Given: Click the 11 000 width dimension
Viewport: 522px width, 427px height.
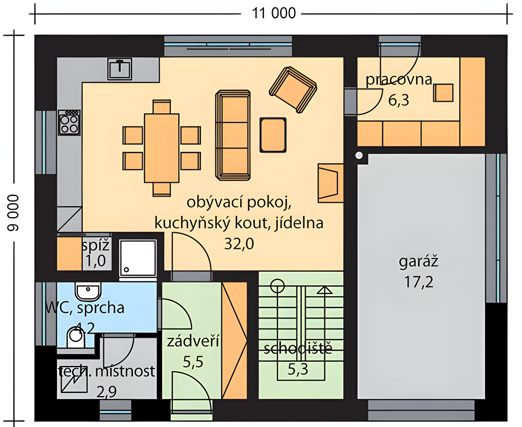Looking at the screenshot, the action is pos(274,13).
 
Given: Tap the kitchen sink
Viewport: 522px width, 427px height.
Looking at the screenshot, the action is pos(119,69).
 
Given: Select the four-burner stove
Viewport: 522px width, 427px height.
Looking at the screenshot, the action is pos(69,123).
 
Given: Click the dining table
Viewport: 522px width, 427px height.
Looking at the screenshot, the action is pos(161,148).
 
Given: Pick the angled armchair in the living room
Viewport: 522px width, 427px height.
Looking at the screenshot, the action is pos(293,90).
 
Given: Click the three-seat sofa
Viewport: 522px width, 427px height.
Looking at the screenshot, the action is pos(233,135).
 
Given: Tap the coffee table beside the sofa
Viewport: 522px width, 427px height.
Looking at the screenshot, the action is pos(273,135).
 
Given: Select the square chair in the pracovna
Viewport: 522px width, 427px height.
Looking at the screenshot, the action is pos(443,93).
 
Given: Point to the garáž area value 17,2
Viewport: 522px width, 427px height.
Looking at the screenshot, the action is pos(418,282).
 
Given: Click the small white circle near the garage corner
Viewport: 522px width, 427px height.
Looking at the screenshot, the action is pos(359,156).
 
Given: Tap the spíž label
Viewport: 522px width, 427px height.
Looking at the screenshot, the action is pos(95,246).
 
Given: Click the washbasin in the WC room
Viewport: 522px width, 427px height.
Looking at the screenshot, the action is pos(88,291).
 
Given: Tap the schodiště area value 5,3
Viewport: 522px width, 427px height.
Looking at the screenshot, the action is pos(298,370).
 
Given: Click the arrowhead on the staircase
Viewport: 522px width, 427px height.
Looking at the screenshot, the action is pos(325,290).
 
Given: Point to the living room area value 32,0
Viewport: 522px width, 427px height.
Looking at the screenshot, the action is pos(239,244).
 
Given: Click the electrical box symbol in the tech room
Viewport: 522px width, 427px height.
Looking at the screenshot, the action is pos(74,383).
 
